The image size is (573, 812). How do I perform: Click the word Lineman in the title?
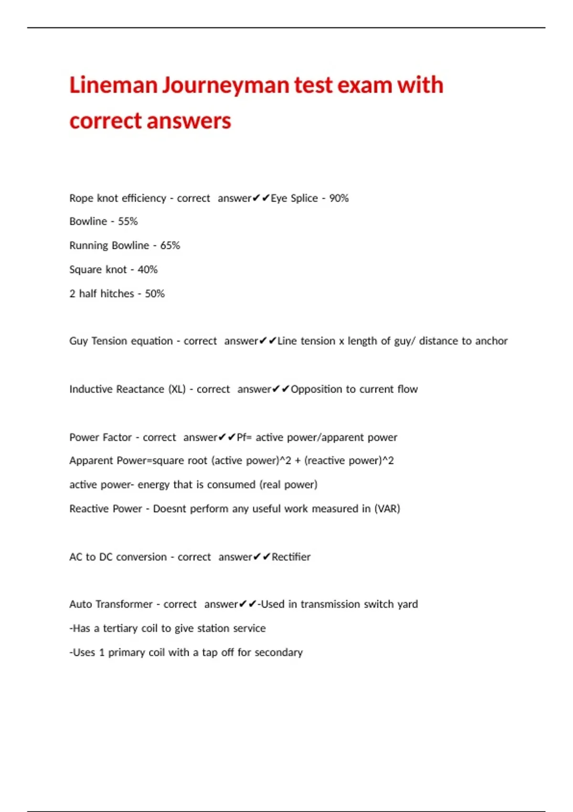(x=113, y=85)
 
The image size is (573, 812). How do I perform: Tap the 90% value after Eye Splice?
(x=339, y=198)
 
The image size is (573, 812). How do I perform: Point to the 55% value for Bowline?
(x=127, y=222)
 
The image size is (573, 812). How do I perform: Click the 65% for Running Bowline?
(x=170, y=246)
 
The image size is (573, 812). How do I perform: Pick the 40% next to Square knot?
(x=148, y=269)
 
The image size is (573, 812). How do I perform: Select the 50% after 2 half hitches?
(x=155, y=294)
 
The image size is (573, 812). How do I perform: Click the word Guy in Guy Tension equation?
(x=78, y=341)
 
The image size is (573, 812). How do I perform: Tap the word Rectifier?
(x=291, y=557)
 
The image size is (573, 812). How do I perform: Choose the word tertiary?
(x=120, y=629)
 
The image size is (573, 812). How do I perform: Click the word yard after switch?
(x=407, y=604)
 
